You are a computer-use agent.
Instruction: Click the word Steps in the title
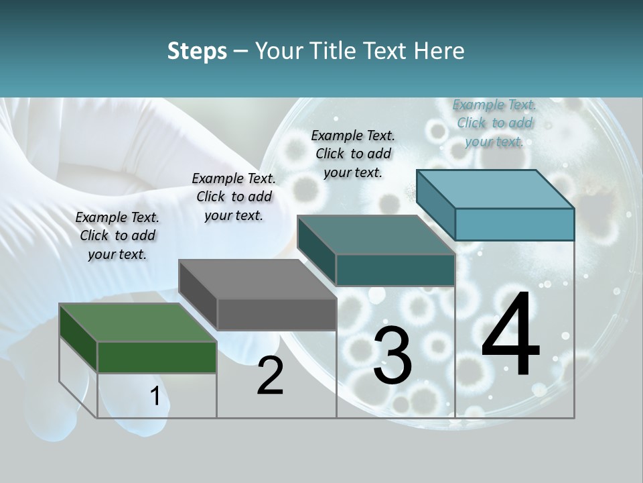point(197,51)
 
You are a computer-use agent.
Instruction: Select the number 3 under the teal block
point(392,356)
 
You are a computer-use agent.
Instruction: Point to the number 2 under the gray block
point(270,376)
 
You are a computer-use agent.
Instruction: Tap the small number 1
point(155,396)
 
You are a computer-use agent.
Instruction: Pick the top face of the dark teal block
point(376,235)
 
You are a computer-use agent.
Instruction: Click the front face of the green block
point(157,357)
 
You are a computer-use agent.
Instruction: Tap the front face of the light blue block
point(514,224)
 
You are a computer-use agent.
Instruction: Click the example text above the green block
point(117,235)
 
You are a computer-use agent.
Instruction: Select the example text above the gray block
point(234,197)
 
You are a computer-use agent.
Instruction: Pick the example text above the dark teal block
point(353,154)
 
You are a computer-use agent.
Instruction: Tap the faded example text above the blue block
point(494,123)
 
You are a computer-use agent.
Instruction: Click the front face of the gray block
point(277,314)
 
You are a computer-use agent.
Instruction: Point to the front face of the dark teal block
point(395,270)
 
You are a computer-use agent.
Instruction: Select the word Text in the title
point(386,51)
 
